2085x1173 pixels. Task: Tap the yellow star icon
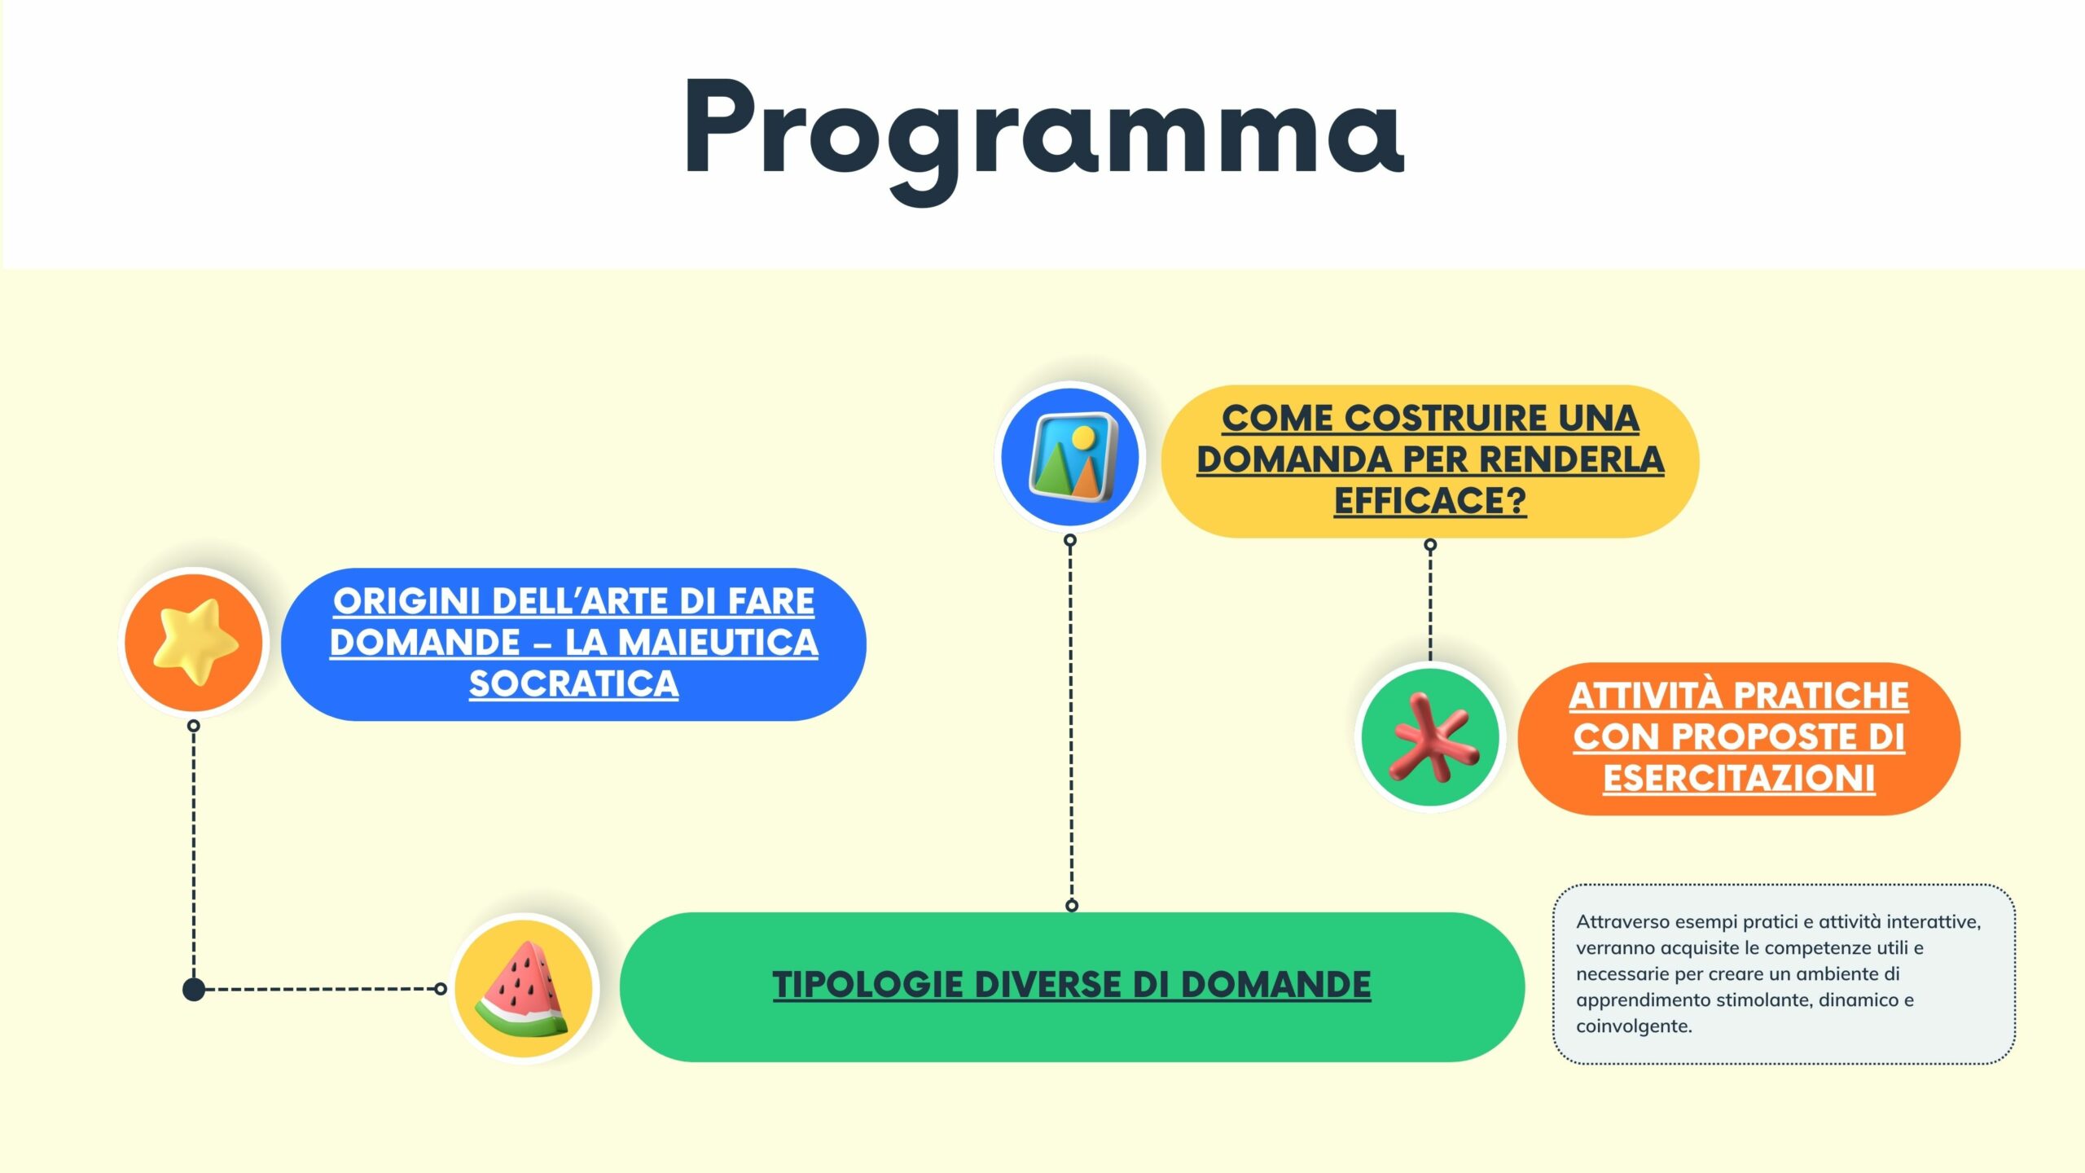pos(195,642)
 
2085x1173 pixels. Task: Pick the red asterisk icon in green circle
pos(1431,736)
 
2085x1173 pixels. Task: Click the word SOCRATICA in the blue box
pos(574,684)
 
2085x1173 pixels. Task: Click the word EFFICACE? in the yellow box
pos(1430,500)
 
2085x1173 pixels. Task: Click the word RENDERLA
pos(1572,459)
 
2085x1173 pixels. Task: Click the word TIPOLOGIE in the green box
pos(868,985)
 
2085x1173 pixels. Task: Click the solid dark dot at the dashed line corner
pos(194,990)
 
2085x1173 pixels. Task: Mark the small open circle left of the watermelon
pos(441,989)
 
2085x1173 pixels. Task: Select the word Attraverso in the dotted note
pos(1623,921)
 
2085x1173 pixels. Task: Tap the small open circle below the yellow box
pos(1430,544)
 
